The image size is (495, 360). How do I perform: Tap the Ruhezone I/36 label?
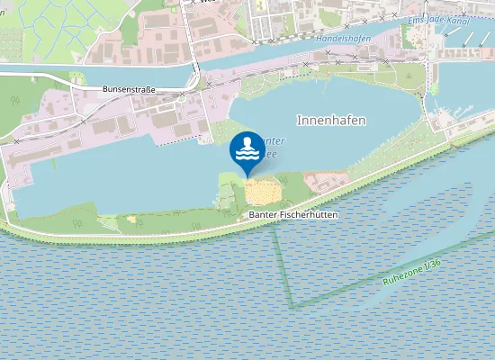click(x=412, y=273)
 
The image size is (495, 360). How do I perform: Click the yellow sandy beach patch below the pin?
click(x=262, y=191)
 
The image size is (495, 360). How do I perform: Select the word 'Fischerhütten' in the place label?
click(x=301, y=217)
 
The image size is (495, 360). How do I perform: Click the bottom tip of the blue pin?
click(x=247, y=175)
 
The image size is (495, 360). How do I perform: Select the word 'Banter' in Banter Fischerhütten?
click(x=262, y=217)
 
